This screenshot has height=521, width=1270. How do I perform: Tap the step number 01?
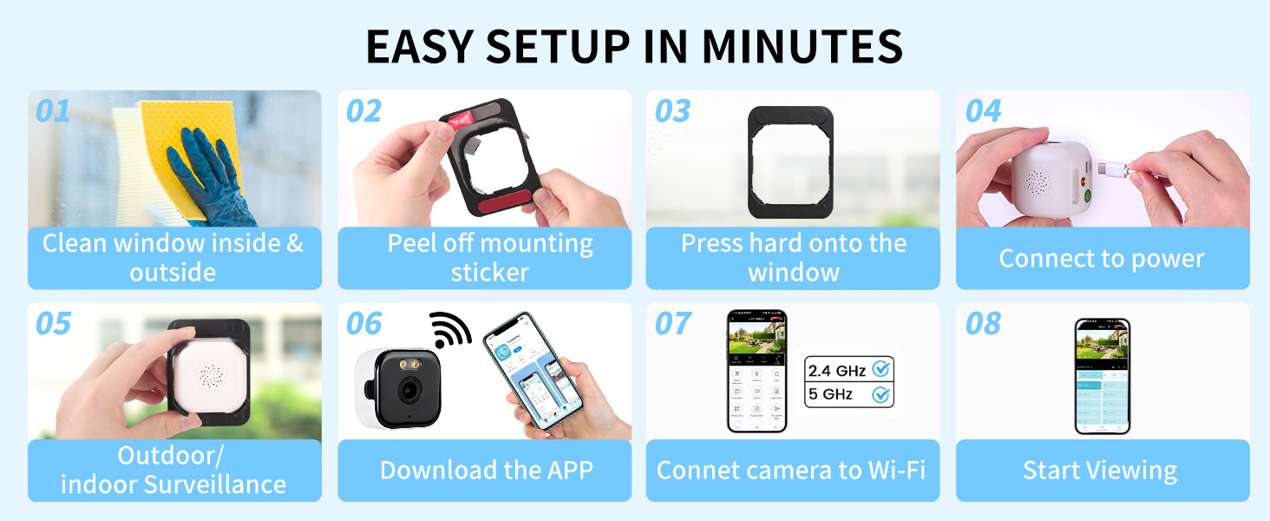[53, 111]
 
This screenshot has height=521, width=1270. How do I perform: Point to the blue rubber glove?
[208, 178]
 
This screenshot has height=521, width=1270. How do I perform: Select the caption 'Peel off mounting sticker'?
[490, 258]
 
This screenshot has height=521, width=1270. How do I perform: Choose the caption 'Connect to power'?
[1102, 258]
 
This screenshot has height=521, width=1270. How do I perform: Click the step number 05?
[53, 324]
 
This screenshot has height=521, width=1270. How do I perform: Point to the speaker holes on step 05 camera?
[208, 375]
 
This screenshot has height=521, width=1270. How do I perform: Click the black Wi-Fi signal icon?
[451, 330]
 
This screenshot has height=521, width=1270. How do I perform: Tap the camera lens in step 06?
[405, 390]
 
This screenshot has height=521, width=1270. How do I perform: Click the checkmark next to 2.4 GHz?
[881, 370]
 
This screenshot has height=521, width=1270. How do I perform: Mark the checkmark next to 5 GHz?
[881, 394]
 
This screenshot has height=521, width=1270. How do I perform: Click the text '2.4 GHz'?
[836, 371]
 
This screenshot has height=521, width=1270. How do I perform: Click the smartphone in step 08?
[1103, 376]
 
